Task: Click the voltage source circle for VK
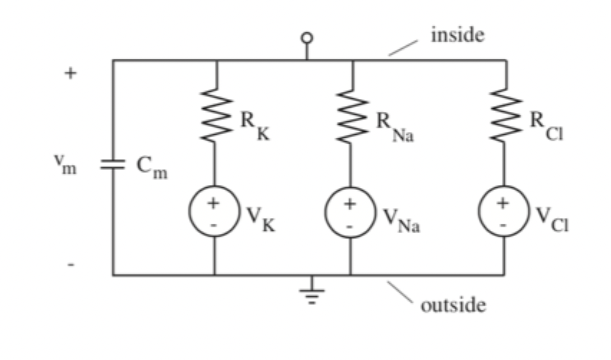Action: point(214,211)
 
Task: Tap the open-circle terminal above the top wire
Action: point(307,37)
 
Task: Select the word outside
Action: point(453,306)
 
